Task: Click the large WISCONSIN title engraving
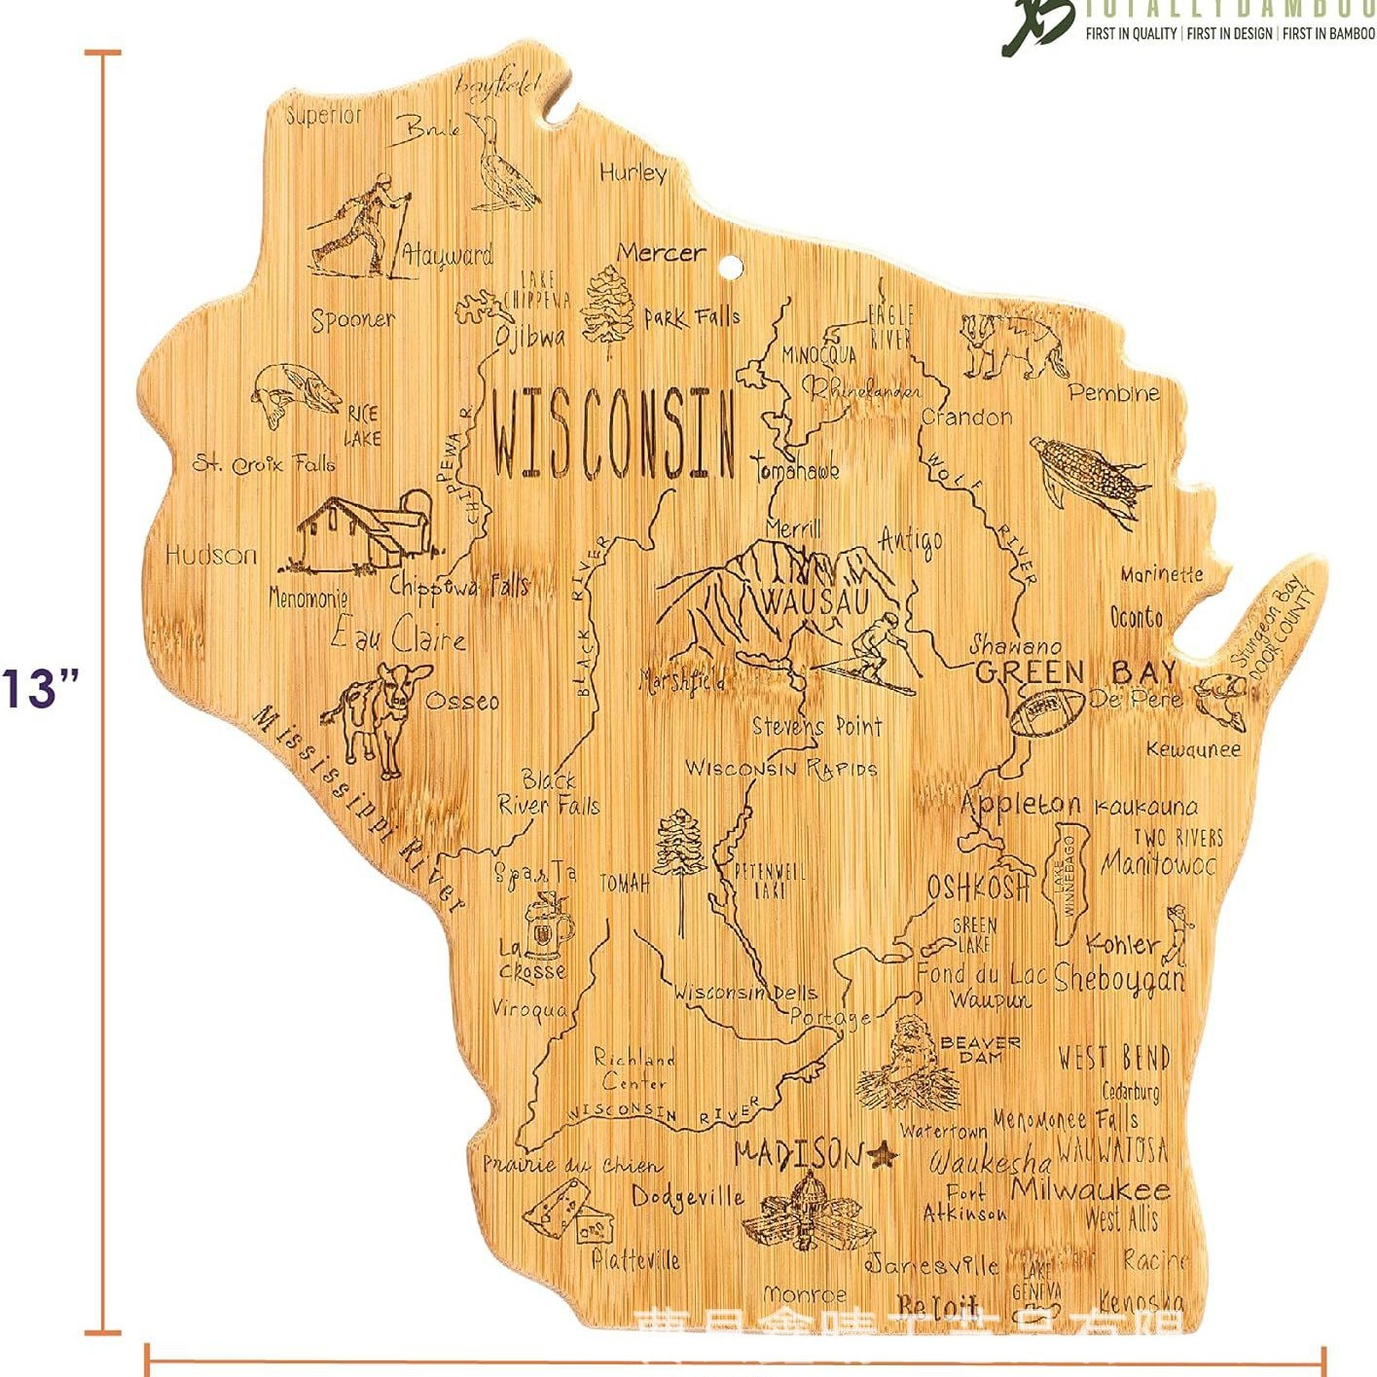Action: coord(613,433)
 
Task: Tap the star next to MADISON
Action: coord(882,1154)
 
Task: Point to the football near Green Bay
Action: coord(1046,710)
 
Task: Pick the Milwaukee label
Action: coord(1090,1189)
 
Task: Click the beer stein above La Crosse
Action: coord(547,924)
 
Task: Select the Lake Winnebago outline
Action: coord(1069,881)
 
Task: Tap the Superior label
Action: coord(323,115)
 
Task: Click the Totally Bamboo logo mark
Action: coord(1036,24)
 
